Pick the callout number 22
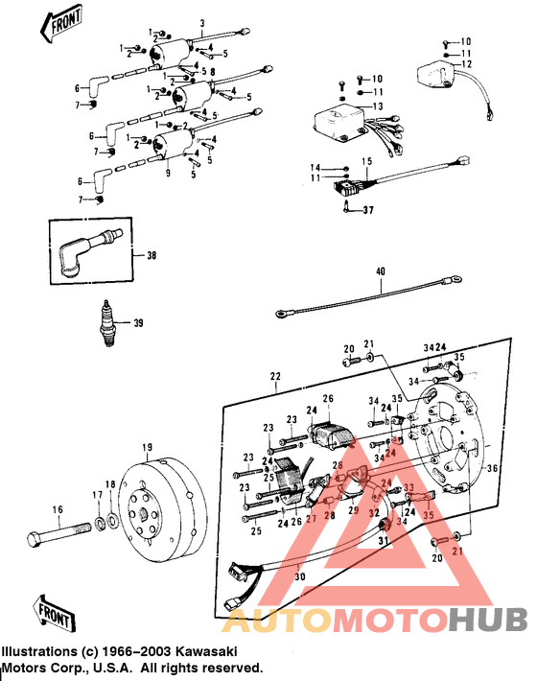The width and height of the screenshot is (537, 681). [x=277, y=377]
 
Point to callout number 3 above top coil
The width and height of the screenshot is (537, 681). [x=201, y=22]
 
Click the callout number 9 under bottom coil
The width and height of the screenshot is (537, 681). [x=167, y=174]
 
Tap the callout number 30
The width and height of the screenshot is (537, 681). [x=299, y=577]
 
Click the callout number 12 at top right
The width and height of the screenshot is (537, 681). [x=467, y=64]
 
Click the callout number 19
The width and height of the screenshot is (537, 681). [x=148, y=447]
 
